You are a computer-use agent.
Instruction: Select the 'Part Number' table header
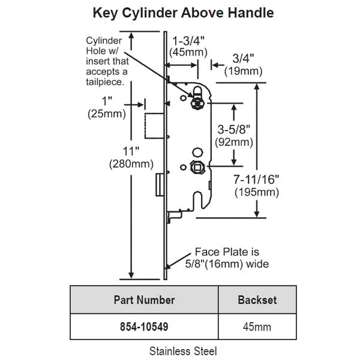(x=144, y=300)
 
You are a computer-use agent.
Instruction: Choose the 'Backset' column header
(x=257, y=300)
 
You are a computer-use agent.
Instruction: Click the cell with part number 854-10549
(x=144, y=327)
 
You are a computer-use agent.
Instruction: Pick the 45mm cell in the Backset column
(x=257, y=327)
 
